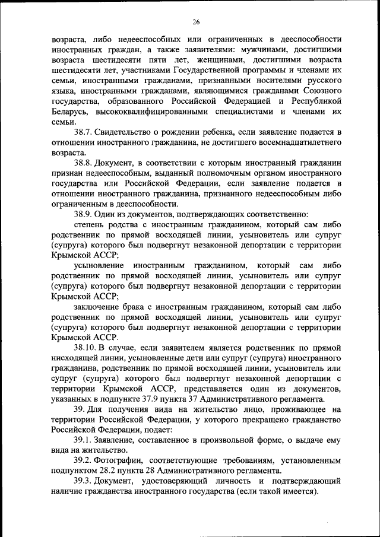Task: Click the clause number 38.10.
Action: pos(87,348)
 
